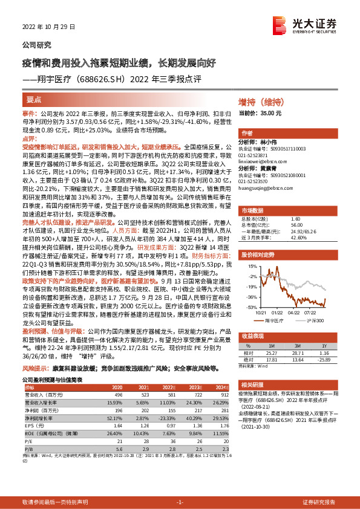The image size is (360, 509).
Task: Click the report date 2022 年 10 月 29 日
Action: (45, 27)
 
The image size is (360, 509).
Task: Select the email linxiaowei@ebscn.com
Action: (261, 161)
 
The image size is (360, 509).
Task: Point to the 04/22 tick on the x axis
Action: (295, 313)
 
